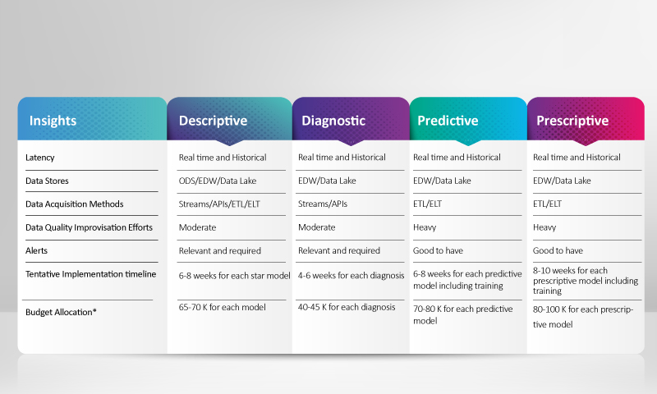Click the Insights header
point(53,121)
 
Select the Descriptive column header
point(213,121)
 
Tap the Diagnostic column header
point(333,121)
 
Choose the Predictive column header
point(448,121)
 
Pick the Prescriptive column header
point(572,121)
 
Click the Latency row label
point(39,158)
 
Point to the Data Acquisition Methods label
point(74,204)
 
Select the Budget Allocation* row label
point(61,312)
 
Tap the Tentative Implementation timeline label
point(90,274)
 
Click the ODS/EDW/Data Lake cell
point(218,181)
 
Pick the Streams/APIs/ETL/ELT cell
point(219,204)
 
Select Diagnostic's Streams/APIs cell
point(323,204)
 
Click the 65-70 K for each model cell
point(222,307)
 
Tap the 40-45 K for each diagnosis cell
point(347,307)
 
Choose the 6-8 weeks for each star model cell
point(234,276)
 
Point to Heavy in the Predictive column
point(425,227)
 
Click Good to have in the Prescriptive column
point(558,250)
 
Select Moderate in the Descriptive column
point(197,227)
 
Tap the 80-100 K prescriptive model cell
point(583,317)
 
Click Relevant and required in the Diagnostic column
point(339,250)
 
